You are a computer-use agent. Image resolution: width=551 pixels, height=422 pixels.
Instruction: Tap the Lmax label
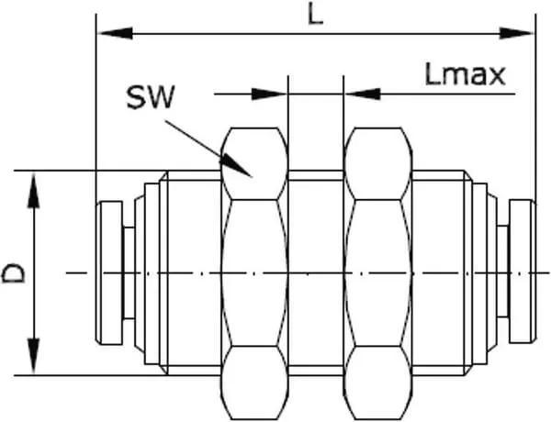point(466,75)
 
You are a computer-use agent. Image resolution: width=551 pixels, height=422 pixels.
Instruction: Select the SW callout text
point(150,98)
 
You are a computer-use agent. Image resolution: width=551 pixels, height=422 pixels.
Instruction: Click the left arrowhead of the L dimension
point(115,34)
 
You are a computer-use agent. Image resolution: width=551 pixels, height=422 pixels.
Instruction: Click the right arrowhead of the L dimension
point(517,34)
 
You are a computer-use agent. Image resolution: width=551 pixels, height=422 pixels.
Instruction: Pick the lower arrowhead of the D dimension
point(33,356)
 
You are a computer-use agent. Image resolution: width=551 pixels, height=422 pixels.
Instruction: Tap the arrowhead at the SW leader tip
point(236,165)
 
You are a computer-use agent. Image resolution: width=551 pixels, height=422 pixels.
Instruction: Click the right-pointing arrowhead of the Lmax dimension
point(269,94)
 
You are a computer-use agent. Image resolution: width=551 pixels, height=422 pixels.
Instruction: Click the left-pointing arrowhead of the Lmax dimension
point(362,94)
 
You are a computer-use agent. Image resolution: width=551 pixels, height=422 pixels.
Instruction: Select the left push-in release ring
point(109,273)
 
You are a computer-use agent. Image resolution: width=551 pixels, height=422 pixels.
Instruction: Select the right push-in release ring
point(523,272)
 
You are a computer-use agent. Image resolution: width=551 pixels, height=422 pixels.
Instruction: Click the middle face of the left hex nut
point(254,273)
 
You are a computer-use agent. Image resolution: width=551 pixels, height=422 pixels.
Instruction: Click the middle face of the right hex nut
point(377,273)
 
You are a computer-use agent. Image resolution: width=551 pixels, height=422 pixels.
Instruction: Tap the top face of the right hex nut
point(377,163)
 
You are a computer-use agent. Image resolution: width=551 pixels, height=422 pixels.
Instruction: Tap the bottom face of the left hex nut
point(254,383)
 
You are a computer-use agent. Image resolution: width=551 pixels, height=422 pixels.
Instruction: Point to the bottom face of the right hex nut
point(377,383)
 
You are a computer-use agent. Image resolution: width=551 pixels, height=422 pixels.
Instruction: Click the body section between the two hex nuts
point(316,273)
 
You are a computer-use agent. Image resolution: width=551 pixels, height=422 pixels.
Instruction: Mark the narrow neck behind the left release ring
point(129,273)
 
